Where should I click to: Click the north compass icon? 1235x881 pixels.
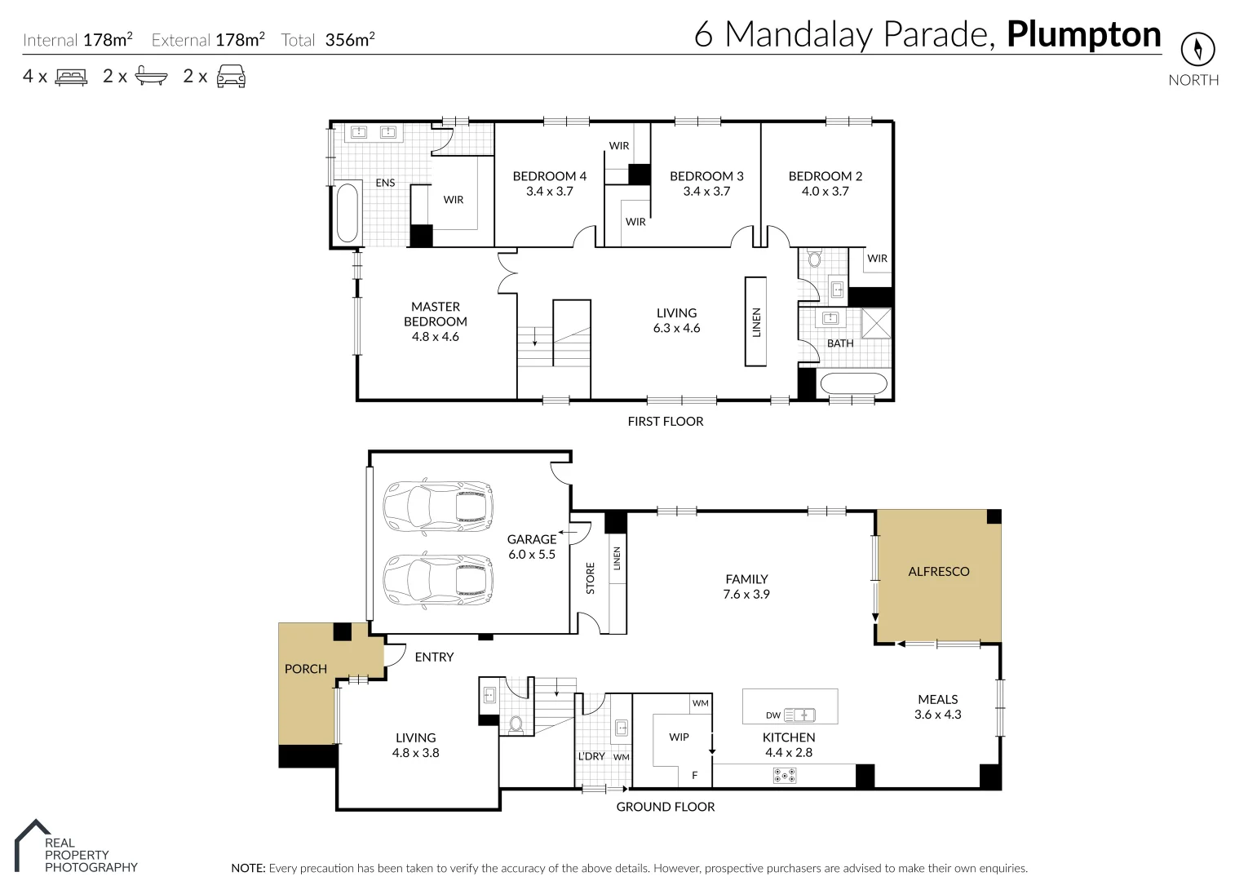(x=1197, y=49)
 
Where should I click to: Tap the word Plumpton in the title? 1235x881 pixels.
(x=1083, y=34)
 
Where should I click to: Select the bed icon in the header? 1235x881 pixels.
(x=71, y=77)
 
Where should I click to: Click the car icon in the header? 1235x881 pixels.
(x=231, y=77)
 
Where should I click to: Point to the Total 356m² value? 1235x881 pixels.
(x=349, y=40)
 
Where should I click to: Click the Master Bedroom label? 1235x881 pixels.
(x=435, y=321)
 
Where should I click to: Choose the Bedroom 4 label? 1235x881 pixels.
(x=549, y=176)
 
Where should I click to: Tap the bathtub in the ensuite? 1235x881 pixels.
(x=347, y=213)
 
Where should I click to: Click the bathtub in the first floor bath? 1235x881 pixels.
(x=852, y=383)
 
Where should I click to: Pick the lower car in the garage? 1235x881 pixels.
(x=438, y=580)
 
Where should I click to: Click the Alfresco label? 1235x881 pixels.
(x=938, y=572)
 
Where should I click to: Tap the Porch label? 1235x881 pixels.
(x=305, y=669)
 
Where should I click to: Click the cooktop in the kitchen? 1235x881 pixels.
(x=784, y=776)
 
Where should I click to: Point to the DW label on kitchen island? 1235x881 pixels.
(x=773, y=715)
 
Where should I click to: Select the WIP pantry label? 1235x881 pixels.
(x=679, y=737)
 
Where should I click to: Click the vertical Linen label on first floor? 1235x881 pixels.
(x=755, y=322)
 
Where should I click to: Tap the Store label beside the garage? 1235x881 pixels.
(x=591, y=578)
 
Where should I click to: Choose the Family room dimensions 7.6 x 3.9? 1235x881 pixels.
(x=746, y=595)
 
